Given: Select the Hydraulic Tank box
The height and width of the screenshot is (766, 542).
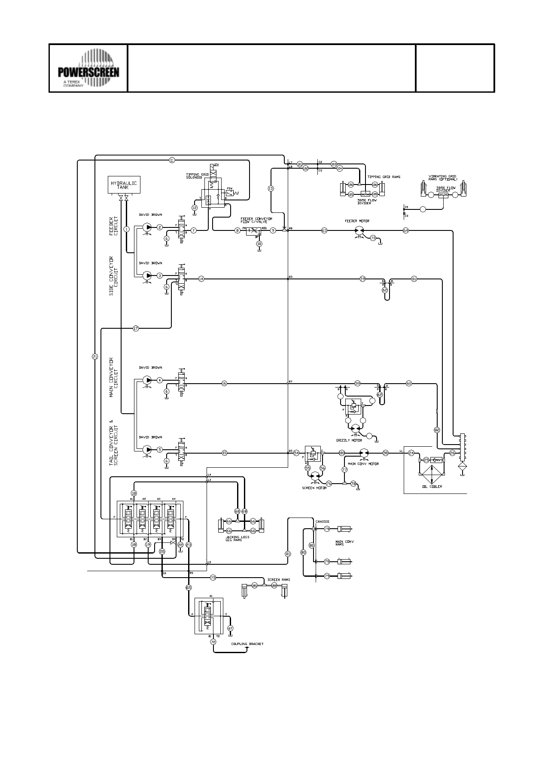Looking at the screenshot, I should pos(124,185).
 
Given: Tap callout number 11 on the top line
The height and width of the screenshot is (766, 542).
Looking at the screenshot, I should pos(172,160).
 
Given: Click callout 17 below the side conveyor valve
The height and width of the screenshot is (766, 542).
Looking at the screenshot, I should pos(136,328).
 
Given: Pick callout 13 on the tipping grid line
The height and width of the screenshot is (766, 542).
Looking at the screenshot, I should pos(271,188).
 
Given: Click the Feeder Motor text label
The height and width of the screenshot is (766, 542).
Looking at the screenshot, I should pos(357,221).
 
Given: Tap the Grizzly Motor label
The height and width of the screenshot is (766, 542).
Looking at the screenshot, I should pos(349,440).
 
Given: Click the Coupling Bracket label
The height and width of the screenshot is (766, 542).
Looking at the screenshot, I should pos(247,644).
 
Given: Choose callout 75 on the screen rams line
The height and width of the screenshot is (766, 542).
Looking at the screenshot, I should pos(213,578).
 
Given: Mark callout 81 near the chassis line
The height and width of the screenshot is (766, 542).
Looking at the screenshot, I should pos(288,554).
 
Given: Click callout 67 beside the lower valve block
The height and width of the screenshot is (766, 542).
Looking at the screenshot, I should pos(230,628).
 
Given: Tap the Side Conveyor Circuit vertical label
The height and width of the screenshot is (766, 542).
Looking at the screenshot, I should pos(114,276).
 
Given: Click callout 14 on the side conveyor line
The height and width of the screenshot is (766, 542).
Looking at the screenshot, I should pos(201,279).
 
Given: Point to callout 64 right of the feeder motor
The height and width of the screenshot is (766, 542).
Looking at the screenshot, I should pos(406,230).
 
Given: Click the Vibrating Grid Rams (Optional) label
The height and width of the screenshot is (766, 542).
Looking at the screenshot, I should pos(443,178).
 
